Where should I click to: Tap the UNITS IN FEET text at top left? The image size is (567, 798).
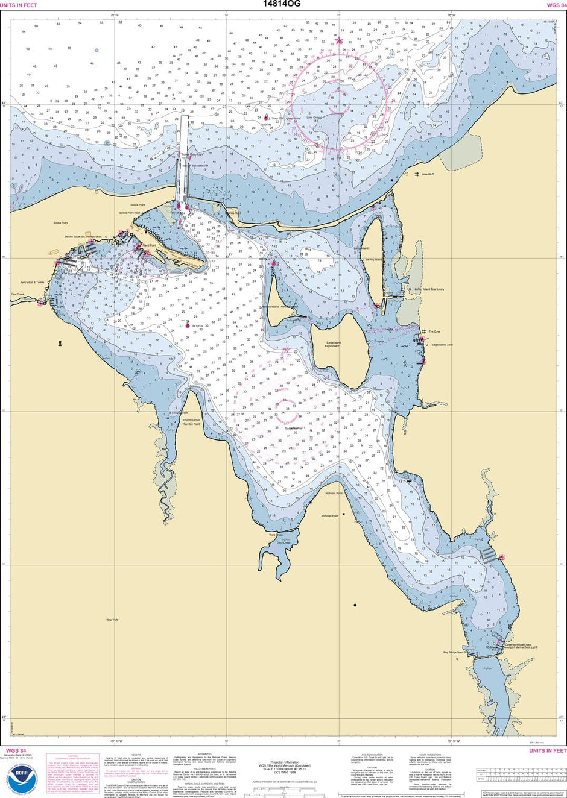tap(19, 5)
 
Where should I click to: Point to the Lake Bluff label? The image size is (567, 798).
tap(428, 174)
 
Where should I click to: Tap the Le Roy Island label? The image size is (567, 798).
tap(374, 260)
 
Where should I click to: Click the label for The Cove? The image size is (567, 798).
tap(434, 331)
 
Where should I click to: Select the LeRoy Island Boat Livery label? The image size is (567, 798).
tap(429, 289)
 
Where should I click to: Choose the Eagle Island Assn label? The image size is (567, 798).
tap(442, 345)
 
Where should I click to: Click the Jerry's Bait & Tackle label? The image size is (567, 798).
tap(32, 282)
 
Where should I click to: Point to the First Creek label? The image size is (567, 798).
tap(17, 294)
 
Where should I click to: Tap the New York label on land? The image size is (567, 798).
tap(112, 620)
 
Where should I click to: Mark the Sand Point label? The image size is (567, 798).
tap(148, 246)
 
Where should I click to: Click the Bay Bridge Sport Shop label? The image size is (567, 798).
tap(457, 652)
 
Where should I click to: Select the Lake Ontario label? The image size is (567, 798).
tap(314, 118)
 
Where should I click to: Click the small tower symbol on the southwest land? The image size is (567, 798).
tap(60, 344)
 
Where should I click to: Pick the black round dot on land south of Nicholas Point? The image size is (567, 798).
tap(355, 605)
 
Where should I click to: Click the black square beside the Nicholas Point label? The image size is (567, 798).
tap(344, 514)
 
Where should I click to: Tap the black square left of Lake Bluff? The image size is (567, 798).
tap(391, 180)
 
